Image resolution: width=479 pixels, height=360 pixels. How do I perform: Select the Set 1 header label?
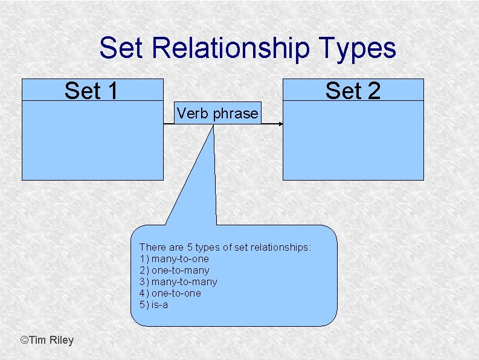pyautogui.click(x=91, y=91)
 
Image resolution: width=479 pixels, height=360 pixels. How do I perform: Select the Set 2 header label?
pyautogui.click(x=353, y=91)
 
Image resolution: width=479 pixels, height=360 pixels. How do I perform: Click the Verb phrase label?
pyautogui.click(x=217, y=113)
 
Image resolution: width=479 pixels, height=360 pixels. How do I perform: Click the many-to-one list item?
pyautogui.click(x=174, y=259)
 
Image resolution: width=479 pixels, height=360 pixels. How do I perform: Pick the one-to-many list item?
pyautogui.click(x=174, y=270)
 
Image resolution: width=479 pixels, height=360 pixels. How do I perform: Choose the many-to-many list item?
pyautogui.click(x=178, y=281)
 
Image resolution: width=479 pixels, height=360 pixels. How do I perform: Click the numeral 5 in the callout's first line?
pyautogui.click(x=185, y=247)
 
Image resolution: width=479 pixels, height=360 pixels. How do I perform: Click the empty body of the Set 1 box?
pyautogui.click(x=92, y=140)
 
